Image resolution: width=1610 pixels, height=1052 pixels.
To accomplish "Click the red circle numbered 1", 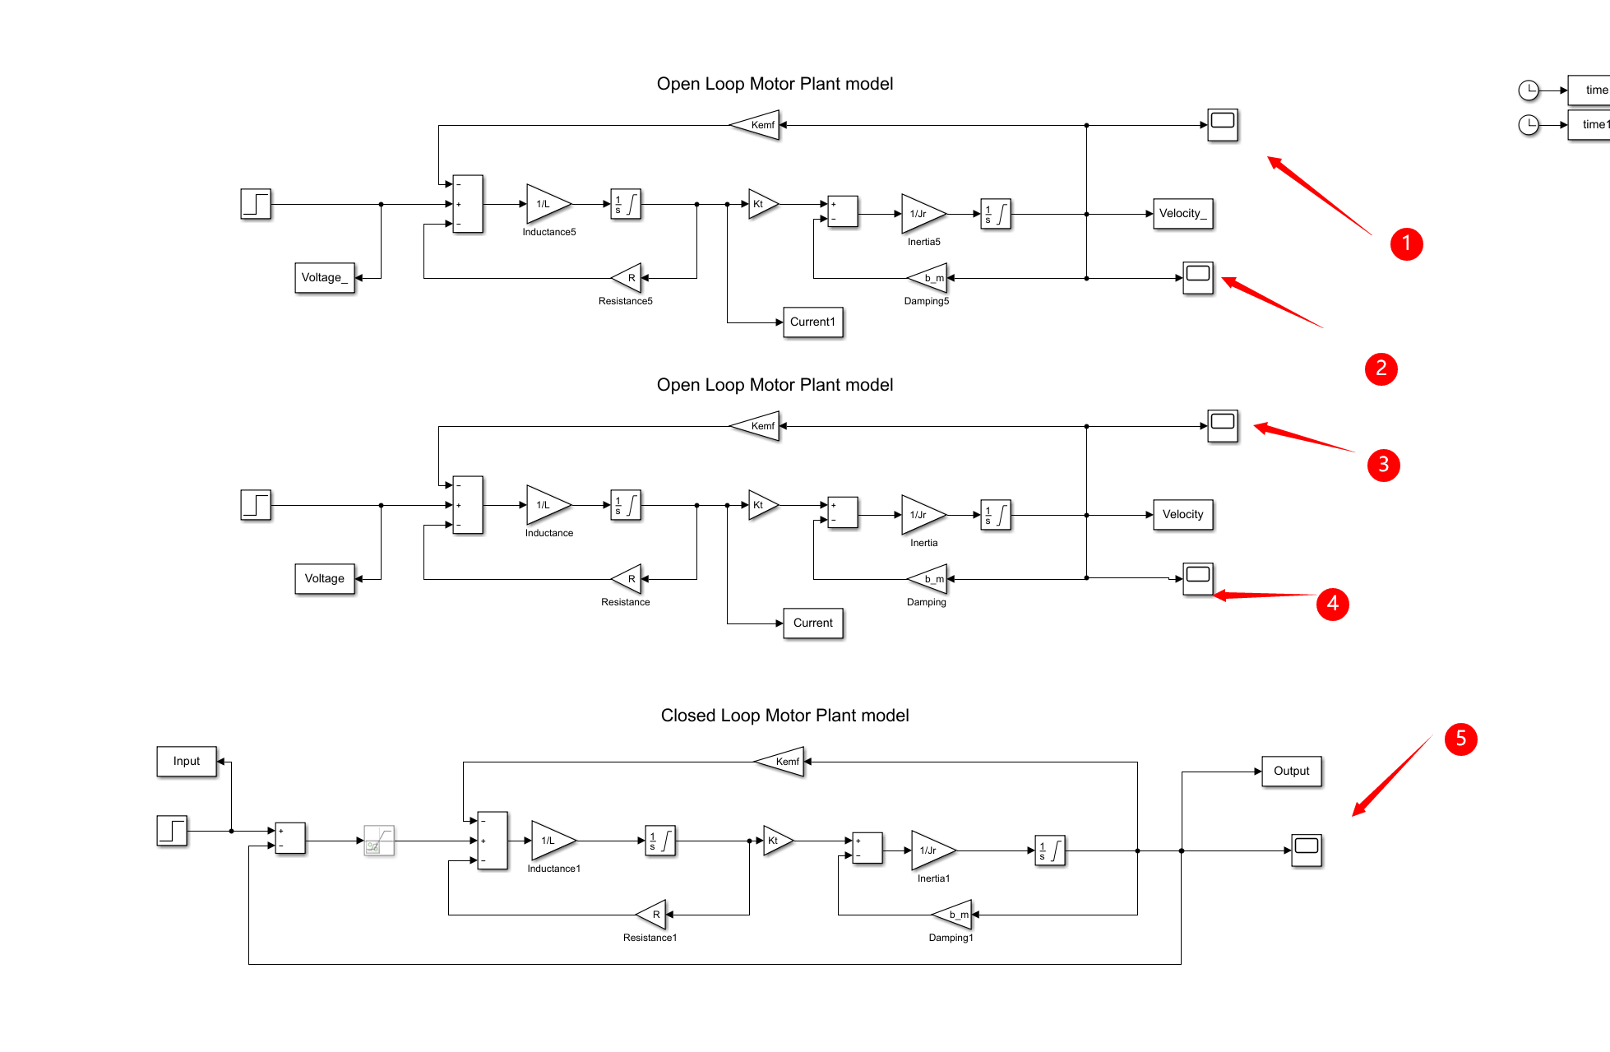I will click(x=1406, y=244).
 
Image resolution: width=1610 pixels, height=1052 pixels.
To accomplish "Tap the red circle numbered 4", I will click(x=1332, y=604).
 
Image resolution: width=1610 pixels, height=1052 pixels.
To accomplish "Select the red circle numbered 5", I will click(x=1460, y=739).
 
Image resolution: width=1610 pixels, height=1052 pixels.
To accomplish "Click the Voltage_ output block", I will click(x=325, y=278).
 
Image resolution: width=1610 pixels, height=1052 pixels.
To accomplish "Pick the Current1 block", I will click(x=812, y=322).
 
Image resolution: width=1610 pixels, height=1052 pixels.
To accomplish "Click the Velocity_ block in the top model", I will click(x=1182, y=214).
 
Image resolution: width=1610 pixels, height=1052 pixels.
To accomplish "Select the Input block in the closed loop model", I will click(x=187, y=762).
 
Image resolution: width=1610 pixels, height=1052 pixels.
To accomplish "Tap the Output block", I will click(x=1291, y=772).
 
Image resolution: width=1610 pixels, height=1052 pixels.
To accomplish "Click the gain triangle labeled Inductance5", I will click(x=547, y=204).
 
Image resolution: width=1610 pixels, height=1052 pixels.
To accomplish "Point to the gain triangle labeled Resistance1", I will click(x=652, y=915).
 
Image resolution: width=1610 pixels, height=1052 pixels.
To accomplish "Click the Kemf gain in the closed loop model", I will click(x=781, y=762).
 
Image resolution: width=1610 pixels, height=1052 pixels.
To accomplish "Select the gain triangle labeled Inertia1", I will click(x=932, y=850).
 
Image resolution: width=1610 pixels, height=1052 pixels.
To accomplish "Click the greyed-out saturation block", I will click(x=379, y=841).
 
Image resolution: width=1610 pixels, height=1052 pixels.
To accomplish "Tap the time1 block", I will click(x=1591, y=125).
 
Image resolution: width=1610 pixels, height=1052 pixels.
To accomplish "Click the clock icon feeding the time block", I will click(x=1528, y=90).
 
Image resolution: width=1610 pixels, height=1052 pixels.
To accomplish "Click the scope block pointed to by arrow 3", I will click(x=1223, y=426).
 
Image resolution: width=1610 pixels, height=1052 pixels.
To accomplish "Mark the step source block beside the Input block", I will click(x=172, y=831).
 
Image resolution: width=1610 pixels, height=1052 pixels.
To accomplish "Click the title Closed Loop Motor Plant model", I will click(x=784, y=716).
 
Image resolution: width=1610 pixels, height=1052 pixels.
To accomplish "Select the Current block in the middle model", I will click(x=812, y=623).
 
